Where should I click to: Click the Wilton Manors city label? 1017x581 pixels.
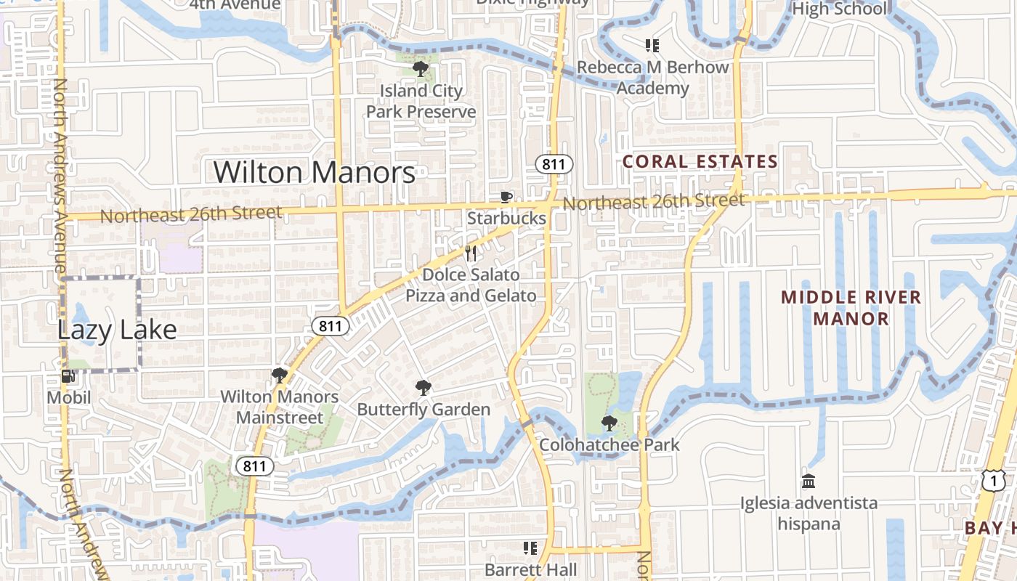point(315,173)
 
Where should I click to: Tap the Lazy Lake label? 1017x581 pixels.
point(117,330)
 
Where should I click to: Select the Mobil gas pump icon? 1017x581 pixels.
point(68,376)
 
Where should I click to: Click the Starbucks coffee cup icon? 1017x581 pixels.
point(506,197)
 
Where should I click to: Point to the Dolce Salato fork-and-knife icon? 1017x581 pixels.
point(471,253)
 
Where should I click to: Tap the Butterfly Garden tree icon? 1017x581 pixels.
point(423,388)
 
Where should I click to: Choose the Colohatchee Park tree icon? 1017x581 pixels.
point(609,423)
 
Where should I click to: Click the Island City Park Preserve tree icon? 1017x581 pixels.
point(420,69)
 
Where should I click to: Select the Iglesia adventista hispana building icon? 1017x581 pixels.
point(808,481)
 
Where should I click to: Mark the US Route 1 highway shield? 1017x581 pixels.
point(992,479)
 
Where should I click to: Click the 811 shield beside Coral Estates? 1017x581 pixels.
point(554,164)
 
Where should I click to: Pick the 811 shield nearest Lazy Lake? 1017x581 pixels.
point(330,326)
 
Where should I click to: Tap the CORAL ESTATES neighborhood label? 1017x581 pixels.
point(700,162)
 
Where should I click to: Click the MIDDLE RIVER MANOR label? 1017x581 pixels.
point(851,307)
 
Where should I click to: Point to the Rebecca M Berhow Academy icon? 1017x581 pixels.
point(652,46)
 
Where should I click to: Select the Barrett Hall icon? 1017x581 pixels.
point(530,548)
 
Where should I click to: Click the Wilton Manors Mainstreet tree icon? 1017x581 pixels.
point(279,375)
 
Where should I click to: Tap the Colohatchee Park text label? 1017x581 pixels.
point(609,444)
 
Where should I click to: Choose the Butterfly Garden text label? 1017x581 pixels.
point(424,410)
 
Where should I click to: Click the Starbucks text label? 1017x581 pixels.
point(506,218)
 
